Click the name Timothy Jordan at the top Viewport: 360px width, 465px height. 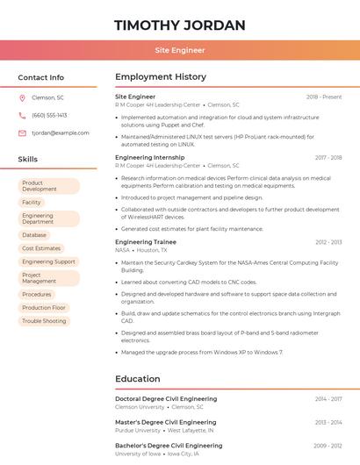[x=179, y=25]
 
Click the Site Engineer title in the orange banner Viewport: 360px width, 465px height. [x=179, y=51]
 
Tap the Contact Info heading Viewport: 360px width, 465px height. [x=41, y=77]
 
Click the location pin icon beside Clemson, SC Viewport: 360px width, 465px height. [x=22, y=97]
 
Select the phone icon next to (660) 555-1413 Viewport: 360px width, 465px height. [x=22, y=115]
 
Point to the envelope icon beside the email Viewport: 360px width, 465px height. [x=22, y=133]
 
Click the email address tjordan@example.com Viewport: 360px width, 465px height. [x=61, y=133]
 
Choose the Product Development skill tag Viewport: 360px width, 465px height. [x=48, y=186]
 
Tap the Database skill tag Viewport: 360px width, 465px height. [x=34, y=235]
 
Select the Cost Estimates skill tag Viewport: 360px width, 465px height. [x=41, y=248]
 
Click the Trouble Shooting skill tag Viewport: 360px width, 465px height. [x=44, y=321]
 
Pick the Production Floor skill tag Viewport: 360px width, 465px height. [x=44, y=308]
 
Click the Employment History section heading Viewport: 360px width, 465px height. [x=161, y=77]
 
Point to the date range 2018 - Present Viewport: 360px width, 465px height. [x=324, y=97]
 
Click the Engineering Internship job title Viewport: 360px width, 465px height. [x=150, y=158]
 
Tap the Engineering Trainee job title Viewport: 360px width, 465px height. [x=146, y=241]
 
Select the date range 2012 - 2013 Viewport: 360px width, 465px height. [x=328, y=242]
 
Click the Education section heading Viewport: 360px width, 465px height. [x=138, y=379]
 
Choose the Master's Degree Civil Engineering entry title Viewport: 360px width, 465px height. [x=166, y=422]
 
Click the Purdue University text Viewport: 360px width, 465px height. [x=138, y=431]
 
